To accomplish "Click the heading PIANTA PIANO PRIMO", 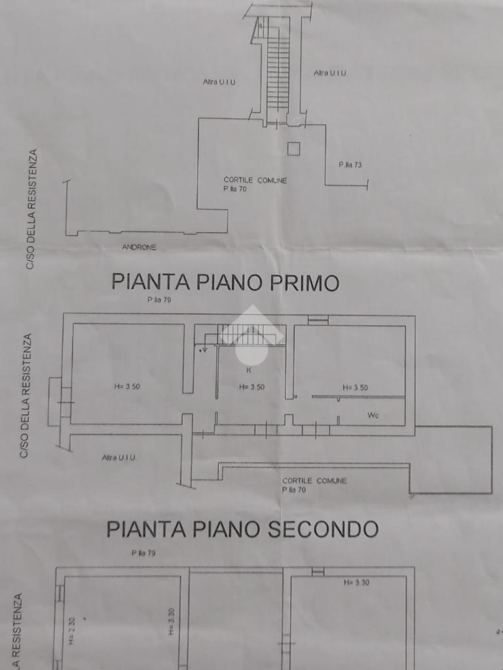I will coord(225,282).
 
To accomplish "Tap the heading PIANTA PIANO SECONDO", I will coord(242,529).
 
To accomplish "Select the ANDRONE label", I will coord(139,247).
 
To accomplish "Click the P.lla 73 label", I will coord(350,165).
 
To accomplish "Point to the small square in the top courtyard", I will coord(293,149).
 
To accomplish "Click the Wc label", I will coord(373,415).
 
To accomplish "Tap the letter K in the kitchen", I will coord(248,370).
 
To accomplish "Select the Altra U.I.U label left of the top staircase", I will coord(219,82).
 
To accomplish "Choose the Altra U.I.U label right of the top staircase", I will coord(329,73).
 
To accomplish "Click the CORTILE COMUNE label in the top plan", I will coord(255,180).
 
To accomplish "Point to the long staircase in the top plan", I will coord(278,65).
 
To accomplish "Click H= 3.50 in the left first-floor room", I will coord(126,387).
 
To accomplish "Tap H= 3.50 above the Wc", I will coord(355,387).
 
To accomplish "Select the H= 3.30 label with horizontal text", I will coord(356,582).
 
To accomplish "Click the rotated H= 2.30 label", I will coord(71,631).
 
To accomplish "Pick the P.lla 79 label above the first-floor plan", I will coord(159,300).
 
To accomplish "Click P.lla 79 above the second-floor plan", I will coord(143,553).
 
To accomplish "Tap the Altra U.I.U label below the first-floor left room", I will coord(119,457).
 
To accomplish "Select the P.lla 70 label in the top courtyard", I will coord(234,189).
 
